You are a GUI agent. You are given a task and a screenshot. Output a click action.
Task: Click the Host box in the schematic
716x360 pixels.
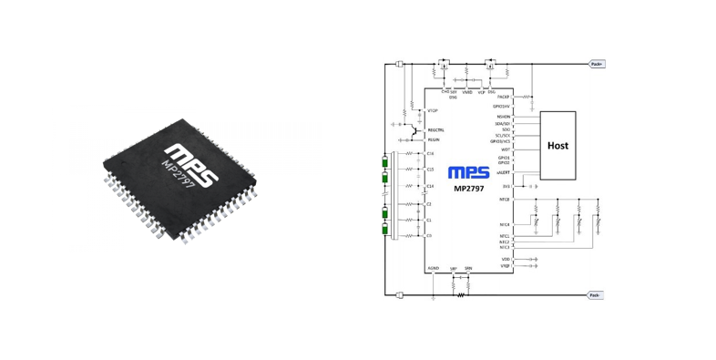pyautogui.click(x=557, y=145)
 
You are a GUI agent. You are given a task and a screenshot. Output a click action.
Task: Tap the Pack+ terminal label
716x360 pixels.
pyautogui.click(x=597, y=65)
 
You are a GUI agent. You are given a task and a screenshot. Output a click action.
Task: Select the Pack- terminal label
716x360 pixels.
pyautogui.click(x=596, y=295)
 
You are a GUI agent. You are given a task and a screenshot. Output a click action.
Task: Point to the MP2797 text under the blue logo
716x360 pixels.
pyautogui.click(x=469, y=189)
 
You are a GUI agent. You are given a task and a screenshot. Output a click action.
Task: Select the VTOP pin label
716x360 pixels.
pyautogui.click(x=433, y=111)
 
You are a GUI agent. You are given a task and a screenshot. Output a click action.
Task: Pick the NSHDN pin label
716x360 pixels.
pyautogui.click(x=504, y=117)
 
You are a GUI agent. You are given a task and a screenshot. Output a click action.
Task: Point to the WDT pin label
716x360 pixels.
pyautogui.click(x=506, y=149)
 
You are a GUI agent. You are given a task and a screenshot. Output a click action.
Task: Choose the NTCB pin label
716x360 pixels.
pyautogui.click(x=505, y=199)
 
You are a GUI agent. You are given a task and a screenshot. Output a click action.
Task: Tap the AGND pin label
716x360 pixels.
pyautogui.click(x=434, y=268)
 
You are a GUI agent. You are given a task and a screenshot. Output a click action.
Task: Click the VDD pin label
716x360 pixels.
pyautogui.click(x=506, y=259)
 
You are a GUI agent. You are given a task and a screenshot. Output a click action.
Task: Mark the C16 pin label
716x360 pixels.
pyautogui.click(x=430, y=154)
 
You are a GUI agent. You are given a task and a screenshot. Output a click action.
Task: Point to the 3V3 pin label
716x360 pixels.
pyautogui.click(x=506, y=186)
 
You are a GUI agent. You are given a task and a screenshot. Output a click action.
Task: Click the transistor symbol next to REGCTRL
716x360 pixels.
pyautogui.click(x=414, y=131)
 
